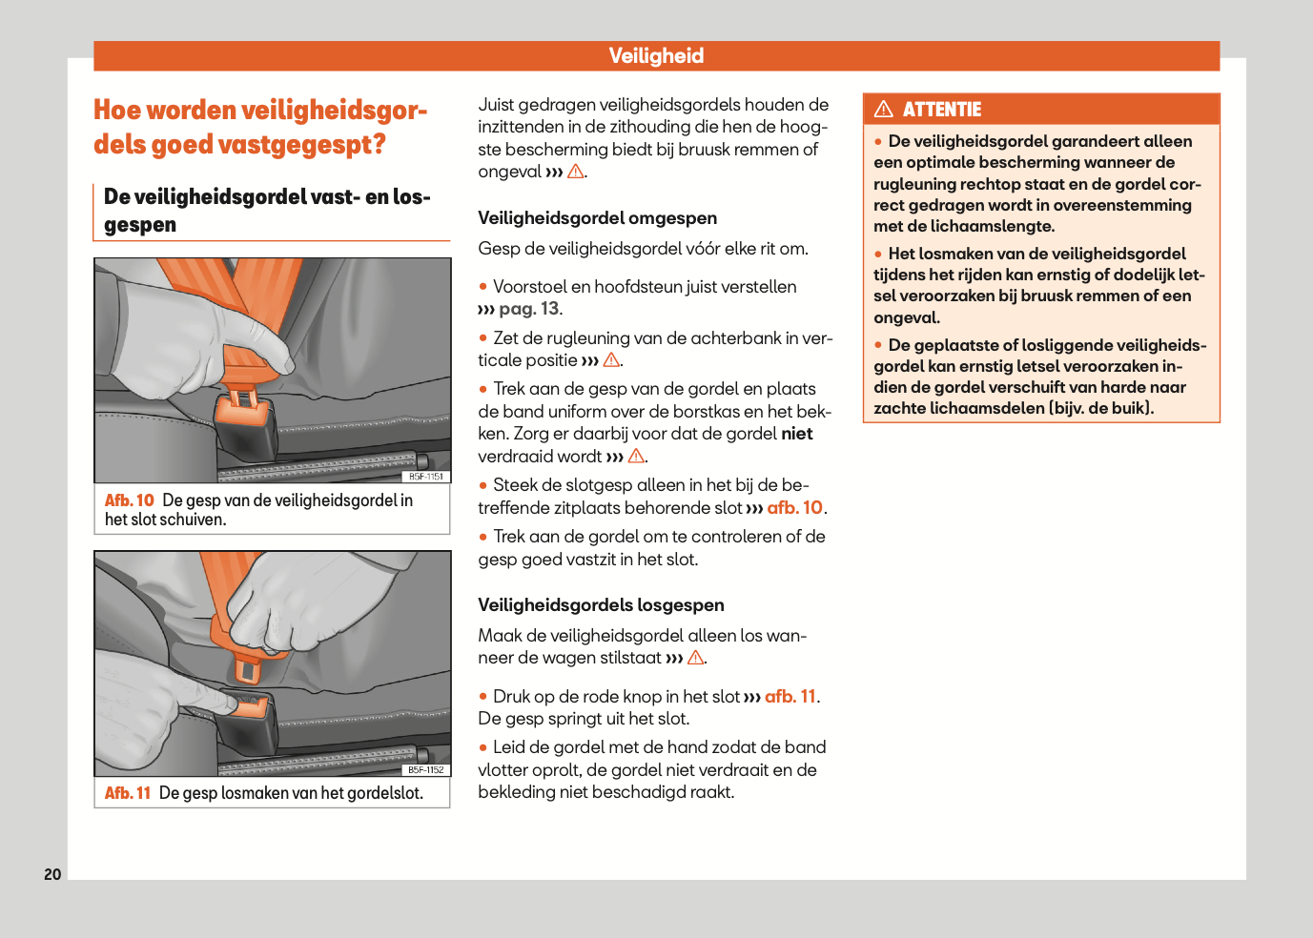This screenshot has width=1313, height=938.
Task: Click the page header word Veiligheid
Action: click(x=656, y=56)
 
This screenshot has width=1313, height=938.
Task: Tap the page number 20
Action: click(x=52, y=874)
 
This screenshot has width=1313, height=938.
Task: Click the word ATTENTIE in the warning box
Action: click(x=942, y=110)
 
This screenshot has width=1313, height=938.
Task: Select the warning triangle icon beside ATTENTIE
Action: click(x=884, y=110)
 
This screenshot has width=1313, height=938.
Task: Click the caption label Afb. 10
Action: click(x=129, y=500)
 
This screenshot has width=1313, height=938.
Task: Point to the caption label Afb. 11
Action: click(x=128, y=793)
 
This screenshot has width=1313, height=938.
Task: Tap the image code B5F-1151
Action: click(x=426, y=477)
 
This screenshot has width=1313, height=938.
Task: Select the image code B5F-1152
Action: click(x=426, y=769)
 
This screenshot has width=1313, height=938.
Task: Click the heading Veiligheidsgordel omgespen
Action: click(x=597, y=218)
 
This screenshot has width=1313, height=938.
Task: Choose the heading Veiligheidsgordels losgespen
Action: click(x=601, y=605)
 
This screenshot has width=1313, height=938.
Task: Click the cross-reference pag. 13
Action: click(x=529, y=309)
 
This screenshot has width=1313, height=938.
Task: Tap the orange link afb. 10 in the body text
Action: click(x=794, y=508)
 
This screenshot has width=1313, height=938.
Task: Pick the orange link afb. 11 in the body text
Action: click(x=790, y=697)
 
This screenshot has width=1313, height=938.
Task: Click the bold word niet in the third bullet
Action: click(x=797, y=434)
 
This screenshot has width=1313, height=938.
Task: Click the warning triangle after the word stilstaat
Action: click(x=696, y=658)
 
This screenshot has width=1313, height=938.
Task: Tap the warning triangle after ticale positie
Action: click(x=611, y=360)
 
